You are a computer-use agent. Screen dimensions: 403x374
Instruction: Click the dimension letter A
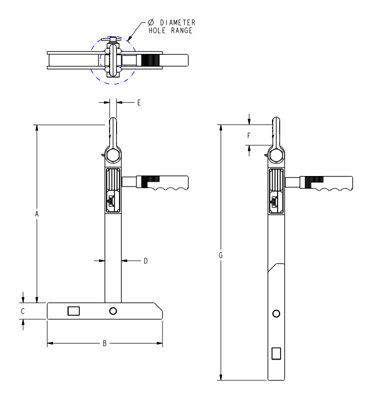tap(37, 214)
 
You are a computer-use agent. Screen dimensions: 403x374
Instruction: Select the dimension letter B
tap(104, 344)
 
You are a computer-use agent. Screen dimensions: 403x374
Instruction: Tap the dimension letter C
tap(23, 311)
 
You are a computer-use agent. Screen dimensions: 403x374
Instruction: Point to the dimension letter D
tap(145, 261)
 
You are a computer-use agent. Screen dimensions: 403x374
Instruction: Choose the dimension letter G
tap(221, 255)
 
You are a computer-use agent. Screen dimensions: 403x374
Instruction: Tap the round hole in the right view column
tap(276, 314)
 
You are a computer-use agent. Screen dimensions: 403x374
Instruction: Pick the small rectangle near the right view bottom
tap(276, 353)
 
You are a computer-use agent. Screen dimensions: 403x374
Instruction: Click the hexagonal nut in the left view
tap(113, 155)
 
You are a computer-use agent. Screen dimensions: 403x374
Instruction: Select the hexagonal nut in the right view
tap(276, 155)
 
